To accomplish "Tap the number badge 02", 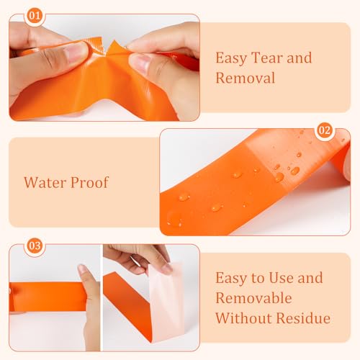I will point(324,130).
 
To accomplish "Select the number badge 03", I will point(35,246).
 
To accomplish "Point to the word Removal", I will point(245,78).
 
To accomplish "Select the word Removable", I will point(253,297).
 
